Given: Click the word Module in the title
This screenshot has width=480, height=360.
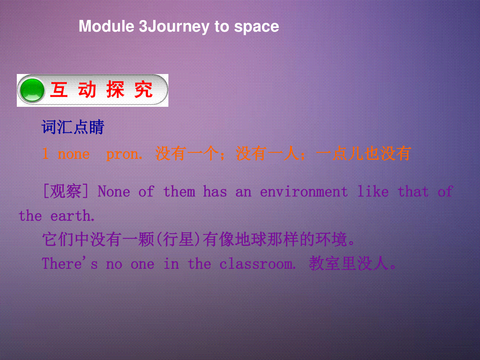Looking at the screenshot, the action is (106, 26).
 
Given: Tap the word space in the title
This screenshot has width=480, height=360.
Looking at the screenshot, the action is (256, 28).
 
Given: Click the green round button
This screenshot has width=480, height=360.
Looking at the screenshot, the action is (32, 90).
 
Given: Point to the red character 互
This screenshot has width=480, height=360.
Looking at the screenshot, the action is (59, 90).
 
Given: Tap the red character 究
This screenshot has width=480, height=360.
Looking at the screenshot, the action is (144, 90).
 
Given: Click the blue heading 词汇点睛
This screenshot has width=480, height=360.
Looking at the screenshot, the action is (73, 127).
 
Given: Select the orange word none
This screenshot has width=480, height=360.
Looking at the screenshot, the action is (74, 154).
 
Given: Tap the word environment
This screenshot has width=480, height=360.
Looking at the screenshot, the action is (304, 191).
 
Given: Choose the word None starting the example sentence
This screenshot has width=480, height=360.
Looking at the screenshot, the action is (114, 191).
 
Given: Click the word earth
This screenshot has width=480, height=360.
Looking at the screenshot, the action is (72, 216).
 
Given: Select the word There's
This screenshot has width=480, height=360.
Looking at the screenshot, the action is (70, 263).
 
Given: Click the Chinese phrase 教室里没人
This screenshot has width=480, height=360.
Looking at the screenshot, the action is (352, 263).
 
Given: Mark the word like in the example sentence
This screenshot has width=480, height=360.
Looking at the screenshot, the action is (373, 191).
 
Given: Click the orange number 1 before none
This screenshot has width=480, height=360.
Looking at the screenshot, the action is (45, 154).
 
